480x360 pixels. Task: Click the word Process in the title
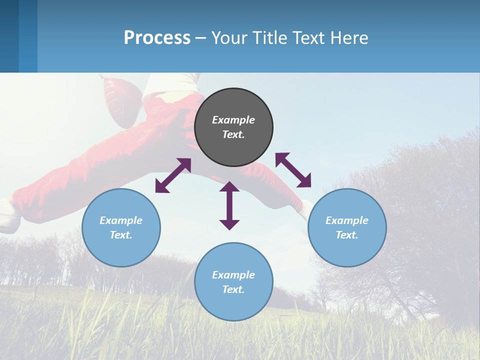157,38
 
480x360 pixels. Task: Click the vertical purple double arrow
229,205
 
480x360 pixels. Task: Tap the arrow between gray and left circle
173,175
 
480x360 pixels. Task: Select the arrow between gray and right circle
293,170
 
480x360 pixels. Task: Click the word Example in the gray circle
233,120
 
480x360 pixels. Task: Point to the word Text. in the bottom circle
233,289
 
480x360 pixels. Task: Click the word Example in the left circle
121,220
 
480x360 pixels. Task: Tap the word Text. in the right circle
347,235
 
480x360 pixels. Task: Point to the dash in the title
200,38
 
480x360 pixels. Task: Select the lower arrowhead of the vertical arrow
229,224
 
